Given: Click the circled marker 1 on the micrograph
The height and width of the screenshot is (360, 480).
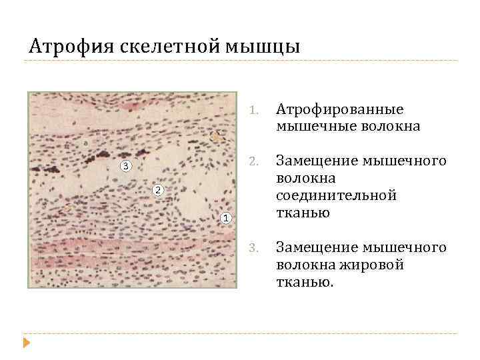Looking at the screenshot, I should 226,217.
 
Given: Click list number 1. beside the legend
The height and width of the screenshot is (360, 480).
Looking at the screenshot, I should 253,109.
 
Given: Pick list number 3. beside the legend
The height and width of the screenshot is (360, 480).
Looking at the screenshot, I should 253,248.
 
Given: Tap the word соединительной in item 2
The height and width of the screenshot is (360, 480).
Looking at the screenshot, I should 337,195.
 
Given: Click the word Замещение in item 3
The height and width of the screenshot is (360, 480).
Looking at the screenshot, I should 317,247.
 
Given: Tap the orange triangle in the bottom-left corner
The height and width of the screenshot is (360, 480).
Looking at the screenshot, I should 27,344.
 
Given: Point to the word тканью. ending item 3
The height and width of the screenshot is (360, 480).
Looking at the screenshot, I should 305,282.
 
